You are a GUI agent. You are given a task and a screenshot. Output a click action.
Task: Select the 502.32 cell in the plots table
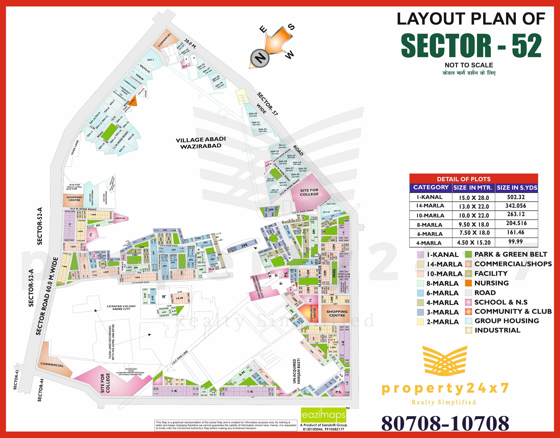click(516, 197)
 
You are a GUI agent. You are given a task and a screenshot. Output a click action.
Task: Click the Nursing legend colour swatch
click(468, 283)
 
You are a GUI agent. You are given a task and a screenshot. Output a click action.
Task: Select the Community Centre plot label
click(311, 313)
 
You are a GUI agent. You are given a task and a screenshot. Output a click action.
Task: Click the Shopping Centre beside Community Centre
click(337, 313)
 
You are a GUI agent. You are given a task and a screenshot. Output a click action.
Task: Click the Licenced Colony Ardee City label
click(121, 307)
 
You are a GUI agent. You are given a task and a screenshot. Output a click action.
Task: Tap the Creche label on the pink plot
click(120, 218)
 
